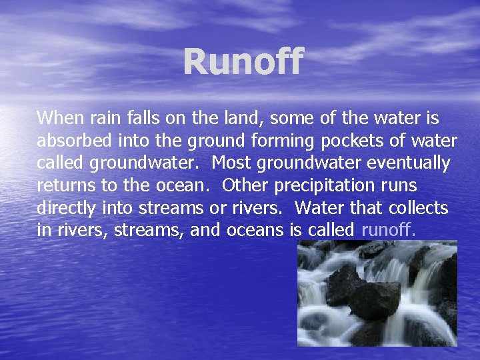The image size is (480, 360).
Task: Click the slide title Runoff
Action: [243, 61]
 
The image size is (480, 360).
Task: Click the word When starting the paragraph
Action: [61, 119]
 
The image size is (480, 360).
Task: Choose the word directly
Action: [67, 208]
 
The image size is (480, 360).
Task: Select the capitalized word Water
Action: [317, 208]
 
